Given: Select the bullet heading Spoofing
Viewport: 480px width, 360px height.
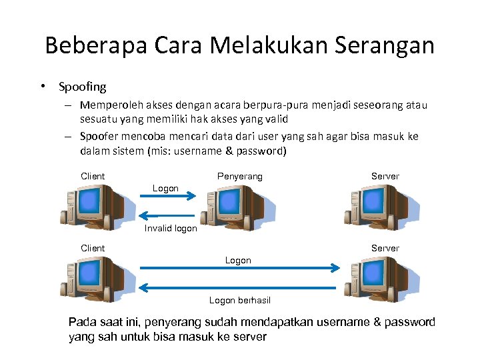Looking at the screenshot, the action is pos(82,87).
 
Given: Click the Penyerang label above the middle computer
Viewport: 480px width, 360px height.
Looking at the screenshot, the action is pos(240,176).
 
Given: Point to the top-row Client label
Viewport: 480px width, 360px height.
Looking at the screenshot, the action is pos(93,176).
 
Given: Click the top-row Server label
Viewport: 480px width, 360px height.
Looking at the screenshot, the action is pos(385,176).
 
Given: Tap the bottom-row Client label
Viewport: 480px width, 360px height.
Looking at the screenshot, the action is pos(93,248).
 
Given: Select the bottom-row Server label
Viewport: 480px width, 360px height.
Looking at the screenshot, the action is pos(385,248).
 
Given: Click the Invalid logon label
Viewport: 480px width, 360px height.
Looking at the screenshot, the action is pos(171,228).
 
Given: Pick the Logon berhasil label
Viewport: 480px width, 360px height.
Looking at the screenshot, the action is pos(240,300).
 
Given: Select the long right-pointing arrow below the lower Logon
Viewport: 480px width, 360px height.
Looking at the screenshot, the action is pos(240,267).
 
